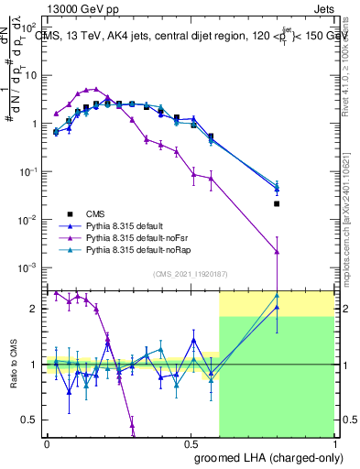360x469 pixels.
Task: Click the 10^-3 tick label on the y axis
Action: point(30,267)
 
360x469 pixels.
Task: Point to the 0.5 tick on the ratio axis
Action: point(33,420)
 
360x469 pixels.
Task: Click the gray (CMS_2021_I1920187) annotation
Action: point(190,274)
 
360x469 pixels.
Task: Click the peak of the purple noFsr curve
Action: point(97,89)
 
